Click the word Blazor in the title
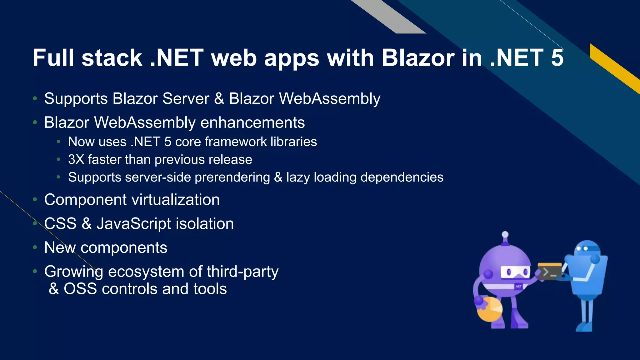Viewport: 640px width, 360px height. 418,58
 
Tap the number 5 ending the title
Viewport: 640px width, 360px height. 557,58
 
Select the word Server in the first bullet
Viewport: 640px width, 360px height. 186,99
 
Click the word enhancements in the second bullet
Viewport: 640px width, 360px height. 252,122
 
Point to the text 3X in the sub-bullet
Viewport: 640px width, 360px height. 76,160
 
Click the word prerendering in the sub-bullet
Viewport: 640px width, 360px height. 232,177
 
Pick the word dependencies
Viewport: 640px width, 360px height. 402,177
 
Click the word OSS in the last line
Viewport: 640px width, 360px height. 80,289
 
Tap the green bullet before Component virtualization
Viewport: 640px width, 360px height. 35,200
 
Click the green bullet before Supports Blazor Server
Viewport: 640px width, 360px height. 35,99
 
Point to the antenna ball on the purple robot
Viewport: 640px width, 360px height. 505,234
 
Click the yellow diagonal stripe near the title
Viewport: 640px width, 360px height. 612,67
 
